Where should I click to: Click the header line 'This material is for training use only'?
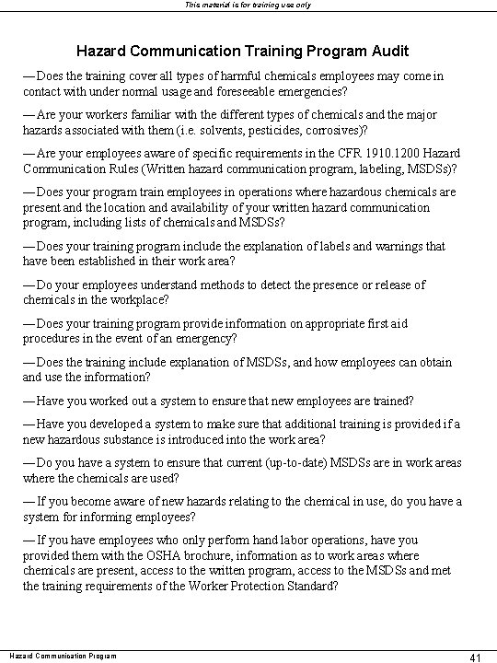(x=248, y=6)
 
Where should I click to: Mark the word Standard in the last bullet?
(x=310, y=586)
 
